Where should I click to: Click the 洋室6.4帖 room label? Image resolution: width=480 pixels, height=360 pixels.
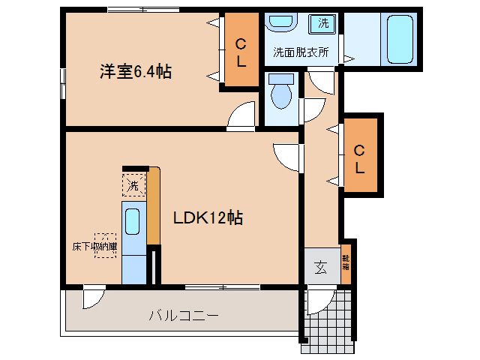tap(136, 72)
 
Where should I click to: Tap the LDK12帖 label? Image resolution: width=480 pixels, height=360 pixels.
tap(208, 218)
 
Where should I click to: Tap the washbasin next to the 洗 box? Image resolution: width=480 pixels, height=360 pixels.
tap(283, 23)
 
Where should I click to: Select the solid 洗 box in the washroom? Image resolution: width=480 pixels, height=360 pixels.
tap(323, 23)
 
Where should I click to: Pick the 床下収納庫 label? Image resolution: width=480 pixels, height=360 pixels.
tap(94, 245)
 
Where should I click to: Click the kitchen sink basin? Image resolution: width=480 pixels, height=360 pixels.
tap(133, 221)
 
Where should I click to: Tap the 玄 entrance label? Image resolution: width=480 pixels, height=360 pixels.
tap(321, 266)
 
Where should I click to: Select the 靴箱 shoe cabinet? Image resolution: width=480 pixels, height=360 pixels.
tap(346, 262)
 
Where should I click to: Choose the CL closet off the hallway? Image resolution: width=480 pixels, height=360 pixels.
tap(360, 158)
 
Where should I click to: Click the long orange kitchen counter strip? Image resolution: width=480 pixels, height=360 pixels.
tap(154, 206)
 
